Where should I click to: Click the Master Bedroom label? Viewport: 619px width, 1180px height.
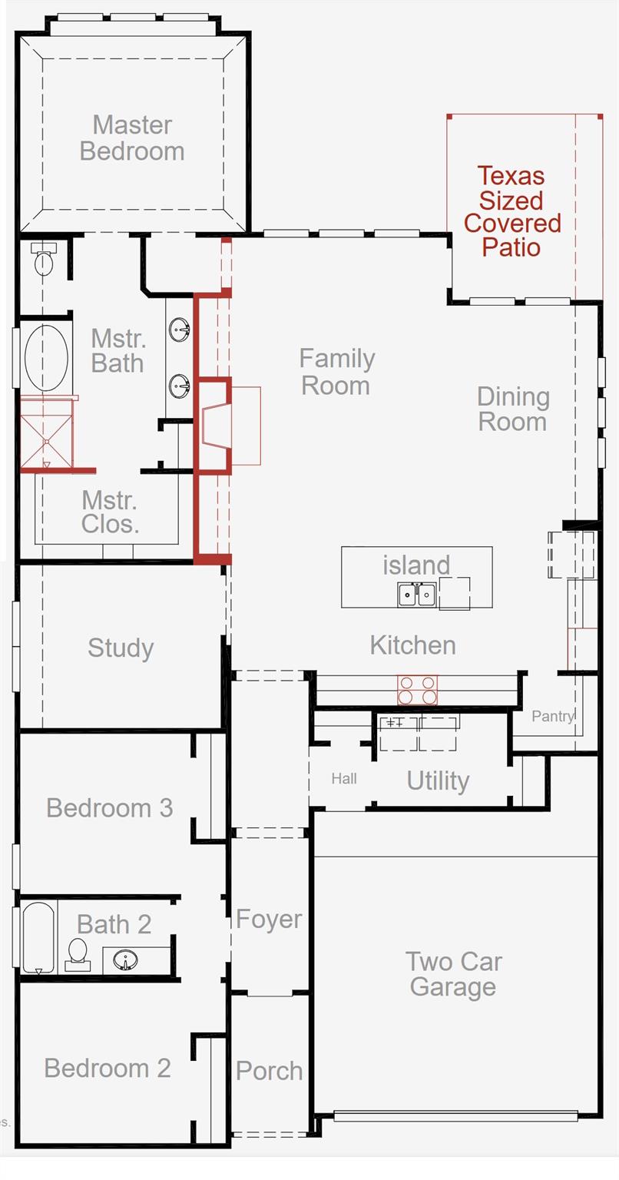(132, 138)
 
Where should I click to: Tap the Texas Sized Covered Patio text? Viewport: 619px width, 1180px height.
(512, 212)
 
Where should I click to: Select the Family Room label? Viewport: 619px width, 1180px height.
(336, 372)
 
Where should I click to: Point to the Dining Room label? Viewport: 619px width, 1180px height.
(513, 409)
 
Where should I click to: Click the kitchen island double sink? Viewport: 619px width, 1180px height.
(417, 594)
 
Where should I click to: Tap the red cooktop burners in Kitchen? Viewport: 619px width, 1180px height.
(417, 690)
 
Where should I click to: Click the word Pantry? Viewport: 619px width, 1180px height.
(553, 717)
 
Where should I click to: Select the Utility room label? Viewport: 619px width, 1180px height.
(438, 781)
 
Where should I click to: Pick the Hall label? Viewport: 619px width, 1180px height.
(344, 778)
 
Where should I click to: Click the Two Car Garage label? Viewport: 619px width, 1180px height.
(453, 974)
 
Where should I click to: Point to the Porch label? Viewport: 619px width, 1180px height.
(270, 1071)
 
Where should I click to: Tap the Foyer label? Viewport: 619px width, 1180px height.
(269, 920)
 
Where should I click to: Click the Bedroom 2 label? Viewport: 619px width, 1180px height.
(108, 1069)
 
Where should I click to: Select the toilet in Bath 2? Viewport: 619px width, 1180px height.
(78, 954)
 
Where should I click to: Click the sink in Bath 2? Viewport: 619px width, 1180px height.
(125, 960)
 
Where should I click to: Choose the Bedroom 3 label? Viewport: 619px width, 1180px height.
(110, 808)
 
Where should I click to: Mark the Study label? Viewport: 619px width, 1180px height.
(121, 648)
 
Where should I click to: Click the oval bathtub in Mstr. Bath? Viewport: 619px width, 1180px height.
(46, 358)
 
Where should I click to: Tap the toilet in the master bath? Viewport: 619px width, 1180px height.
(43, 259)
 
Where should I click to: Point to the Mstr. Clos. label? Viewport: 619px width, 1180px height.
(110, 512)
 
